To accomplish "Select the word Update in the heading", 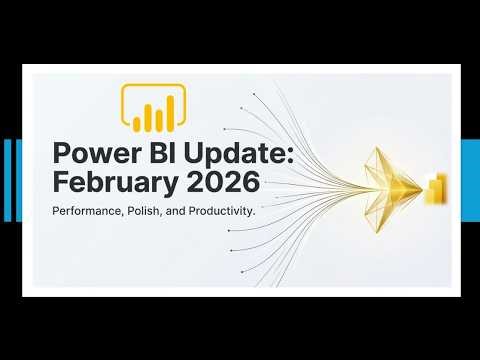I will coord(223,157).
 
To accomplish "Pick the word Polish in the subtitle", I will coord(160,214).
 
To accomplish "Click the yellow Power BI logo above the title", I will coord(153,109).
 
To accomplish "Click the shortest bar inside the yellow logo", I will coord(137,122).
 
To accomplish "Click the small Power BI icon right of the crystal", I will coord(437,186).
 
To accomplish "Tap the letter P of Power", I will coord(60,157).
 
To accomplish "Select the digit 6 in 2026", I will coord(251,184).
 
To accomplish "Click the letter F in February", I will coord(59,184).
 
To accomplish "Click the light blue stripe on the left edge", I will coord(8,180).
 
